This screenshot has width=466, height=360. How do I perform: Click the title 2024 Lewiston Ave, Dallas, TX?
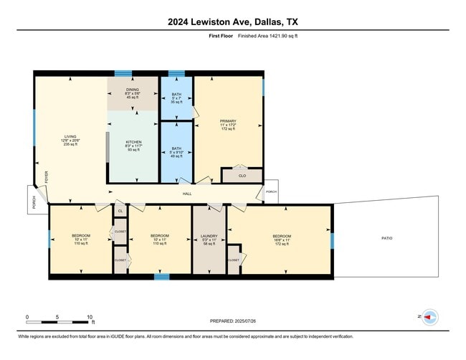(x=233, y=22)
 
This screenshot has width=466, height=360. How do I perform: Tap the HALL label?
(x=187, y=194)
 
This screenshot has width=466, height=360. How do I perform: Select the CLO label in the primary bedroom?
(x=242, y=175)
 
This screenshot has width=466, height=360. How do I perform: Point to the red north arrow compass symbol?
(x=429, y=316)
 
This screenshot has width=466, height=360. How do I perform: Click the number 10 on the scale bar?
(x=90, y=316)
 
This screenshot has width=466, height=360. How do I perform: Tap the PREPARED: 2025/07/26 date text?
(x=234, y=321)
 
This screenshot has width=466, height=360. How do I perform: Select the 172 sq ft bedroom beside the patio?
(x=281, y=240)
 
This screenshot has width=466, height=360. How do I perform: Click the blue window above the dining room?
(x=123, y=72)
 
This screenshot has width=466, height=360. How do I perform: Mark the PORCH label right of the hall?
(x=271, y=191)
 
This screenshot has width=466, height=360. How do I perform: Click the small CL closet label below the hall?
(x=120, y=212)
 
